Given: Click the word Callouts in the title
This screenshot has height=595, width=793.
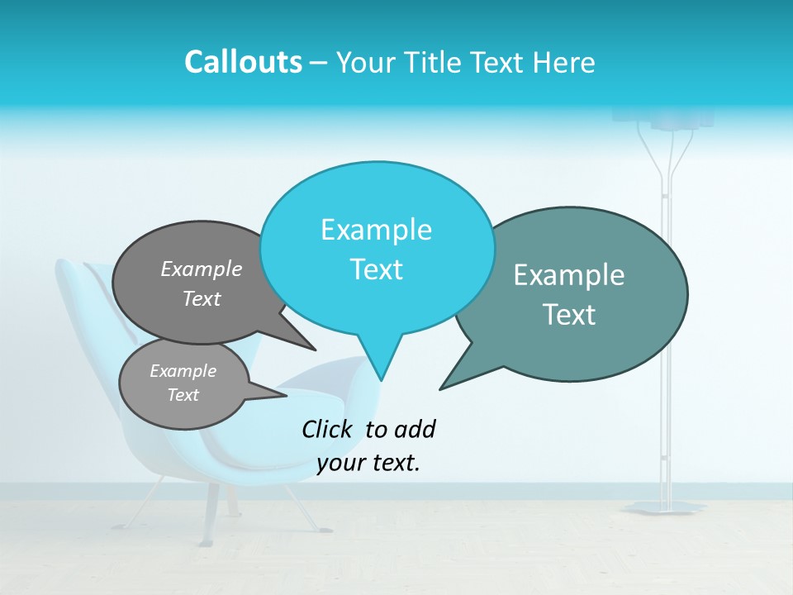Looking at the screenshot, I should (243, 63).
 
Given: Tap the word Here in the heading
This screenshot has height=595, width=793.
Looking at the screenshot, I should (565, 63).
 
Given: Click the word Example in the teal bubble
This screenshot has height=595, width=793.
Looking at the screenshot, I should (569, 275).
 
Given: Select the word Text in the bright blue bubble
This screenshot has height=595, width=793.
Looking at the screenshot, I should (377, 269).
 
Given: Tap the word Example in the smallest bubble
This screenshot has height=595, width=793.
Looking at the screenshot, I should (183, 371).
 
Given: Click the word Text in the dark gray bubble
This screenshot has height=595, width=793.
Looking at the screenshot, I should (202, 298).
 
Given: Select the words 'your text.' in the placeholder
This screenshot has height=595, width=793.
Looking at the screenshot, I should (368, 463).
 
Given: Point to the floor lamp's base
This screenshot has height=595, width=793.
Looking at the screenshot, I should (664, 507).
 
